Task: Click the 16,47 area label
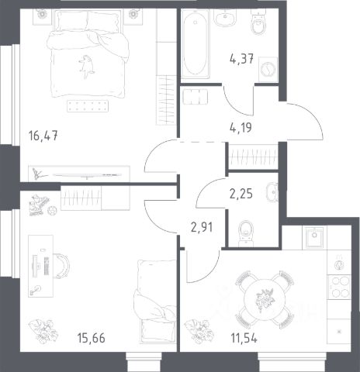(x=43, y=136)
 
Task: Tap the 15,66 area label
(x=92, y=338)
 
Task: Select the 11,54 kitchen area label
(x=244, y=338)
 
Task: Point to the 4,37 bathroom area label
(x=241, y=59)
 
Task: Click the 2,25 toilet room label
(x=241, y=194)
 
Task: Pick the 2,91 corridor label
(x=202, y=227)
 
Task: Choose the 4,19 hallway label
(x=241, y=128)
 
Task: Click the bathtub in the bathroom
(x=196, y=44)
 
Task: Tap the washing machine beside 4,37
(x=268, y=69)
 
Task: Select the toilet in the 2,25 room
(x=246, y=233)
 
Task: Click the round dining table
(x=265, y=299)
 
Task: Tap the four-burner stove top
(x=339, y=288)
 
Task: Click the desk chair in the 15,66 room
(x=62, y=265)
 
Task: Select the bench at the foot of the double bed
(x=88, y=106)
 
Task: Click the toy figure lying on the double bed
(x=87, y=67)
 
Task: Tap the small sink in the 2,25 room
(x=272, y=192)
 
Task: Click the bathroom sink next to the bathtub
(x=225, y=17)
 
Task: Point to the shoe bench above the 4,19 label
(x=196, y=97)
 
